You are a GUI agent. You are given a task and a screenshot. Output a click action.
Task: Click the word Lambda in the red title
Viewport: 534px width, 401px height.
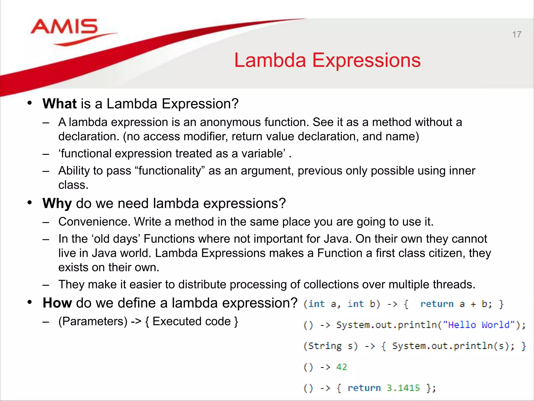coord(270,61)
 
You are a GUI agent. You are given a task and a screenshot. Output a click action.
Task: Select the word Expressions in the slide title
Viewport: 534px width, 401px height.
coord(366,61)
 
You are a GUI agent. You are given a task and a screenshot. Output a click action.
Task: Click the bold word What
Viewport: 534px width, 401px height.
coord(59,104)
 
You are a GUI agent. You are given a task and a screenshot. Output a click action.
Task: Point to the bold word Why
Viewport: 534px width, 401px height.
coord(57,203)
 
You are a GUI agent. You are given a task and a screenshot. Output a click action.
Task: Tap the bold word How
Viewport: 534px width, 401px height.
coord(57,303)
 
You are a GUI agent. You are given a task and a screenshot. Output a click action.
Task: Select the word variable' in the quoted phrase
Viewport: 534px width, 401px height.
coord(263,154)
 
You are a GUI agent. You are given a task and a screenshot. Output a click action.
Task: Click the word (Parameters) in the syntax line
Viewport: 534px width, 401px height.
coord(93,321)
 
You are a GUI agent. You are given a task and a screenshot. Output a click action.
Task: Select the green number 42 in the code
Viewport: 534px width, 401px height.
coord(341,367)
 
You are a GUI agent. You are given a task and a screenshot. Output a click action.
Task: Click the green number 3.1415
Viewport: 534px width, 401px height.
coord(403,388)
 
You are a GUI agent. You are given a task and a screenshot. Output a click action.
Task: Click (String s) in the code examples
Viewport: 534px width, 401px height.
coord(330,346)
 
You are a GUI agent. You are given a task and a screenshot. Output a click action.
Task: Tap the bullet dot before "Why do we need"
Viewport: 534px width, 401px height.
coord(29,203)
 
